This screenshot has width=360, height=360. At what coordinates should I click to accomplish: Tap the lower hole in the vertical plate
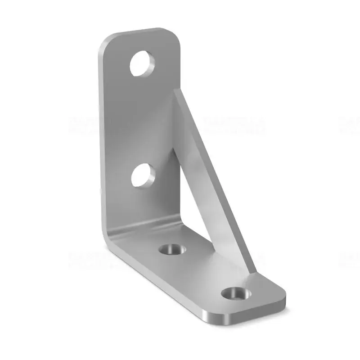click(x=144, y=176)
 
